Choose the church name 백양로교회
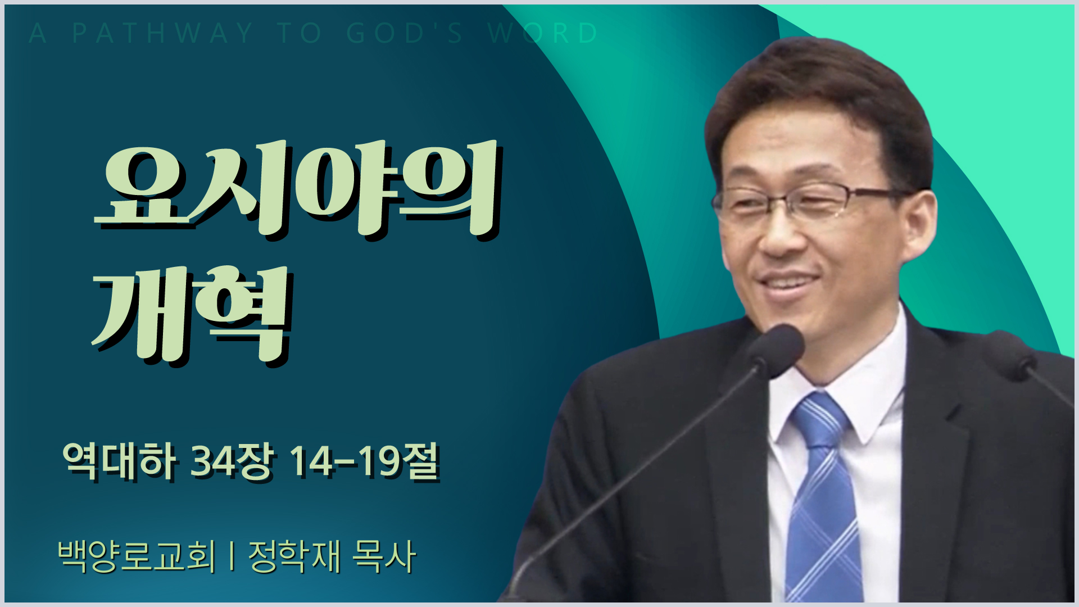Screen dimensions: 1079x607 coord(137,556)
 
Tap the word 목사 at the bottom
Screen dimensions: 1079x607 coord(384,556)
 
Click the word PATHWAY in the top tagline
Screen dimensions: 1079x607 coord(163,33)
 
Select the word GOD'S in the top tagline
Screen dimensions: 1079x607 coord(405,33)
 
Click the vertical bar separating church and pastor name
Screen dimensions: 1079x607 coord(232,556)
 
